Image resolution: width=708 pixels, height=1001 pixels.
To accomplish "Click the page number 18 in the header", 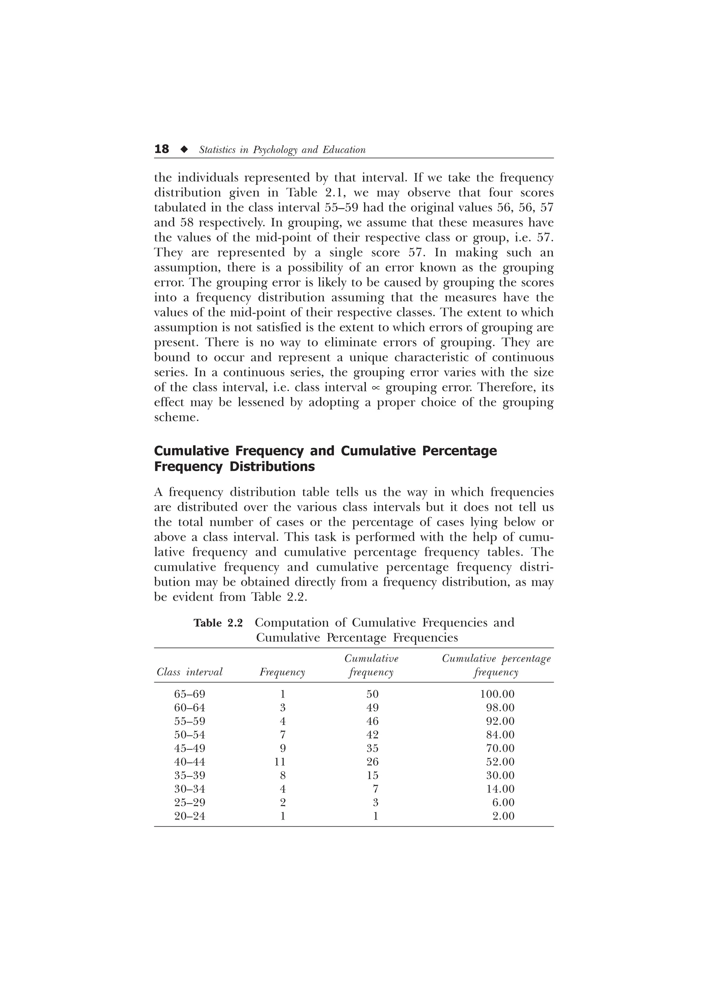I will click(161, 150).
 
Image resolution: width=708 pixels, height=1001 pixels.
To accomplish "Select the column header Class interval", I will click(189, 672).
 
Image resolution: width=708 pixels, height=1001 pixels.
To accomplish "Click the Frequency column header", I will click(282, 672).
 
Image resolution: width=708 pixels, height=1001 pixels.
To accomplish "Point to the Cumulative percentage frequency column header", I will click(496, 665).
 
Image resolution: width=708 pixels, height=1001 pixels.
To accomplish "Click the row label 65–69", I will click(189, 694).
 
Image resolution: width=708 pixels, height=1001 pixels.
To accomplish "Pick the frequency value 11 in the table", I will click(280, 762).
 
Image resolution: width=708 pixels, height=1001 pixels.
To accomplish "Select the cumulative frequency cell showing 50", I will click(373, 694).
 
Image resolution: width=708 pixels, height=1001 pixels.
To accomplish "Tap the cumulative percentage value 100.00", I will click(497, 694).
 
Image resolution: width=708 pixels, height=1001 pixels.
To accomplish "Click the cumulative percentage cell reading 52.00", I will click(500, 762).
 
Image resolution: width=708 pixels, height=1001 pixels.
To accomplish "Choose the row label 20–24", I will click(189, 816).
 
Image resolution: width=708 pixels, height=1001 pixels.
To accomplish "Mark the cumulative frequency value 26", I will click(373, 762).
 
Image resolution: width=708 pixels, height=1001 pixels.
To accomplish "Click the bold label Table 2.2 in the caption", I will click(218, 623).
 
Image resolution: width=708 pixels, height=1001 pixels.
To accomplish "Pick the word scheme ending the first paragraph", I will click(176, 417).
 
